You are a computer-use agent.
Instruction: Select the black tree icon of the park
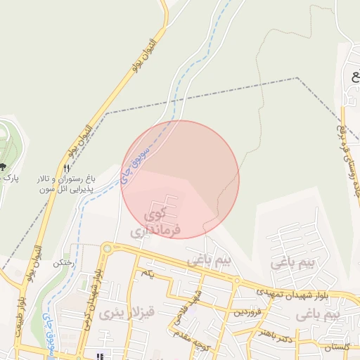(x=4, y=167)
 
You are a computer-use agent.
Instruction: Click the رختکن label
(x=82, y=262)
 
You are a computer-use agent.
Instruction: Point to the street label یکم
(x=146, y=272)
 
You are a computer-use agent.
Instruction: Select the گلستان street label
(x=336, y=347)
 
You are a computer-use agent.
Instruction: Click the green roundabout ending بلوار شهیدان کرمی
(x=107, y=248)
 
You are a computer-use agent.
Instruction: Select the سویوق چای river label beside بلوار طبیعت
(x=46, y=330)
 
